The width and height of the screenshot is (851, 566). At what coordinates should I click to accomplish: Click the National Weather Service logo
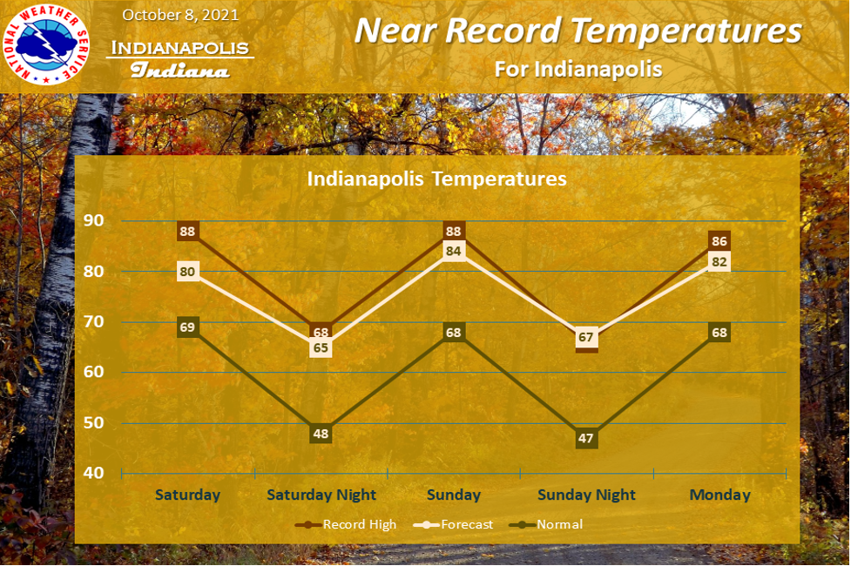[x=46, y=44]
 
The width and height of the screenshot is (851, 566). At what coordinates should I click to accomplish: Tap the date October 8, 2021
[x=180, y=15]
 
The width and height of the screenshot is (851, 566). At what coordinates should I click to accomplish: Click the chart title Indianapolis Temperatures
[x=437, y=179]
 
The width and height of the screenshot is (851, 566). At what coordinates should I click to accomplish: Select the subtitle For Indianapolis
[x=578, y=70]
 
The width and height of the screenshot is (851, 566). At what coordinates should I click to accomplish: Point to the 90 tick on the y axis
[x=93, y=220]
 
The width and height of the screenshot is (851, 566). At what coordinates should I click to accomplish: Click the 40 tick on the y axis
[x=93, y=473]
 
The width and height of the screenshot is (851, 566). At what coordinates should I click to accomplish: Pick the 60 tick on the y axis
[x=93, y=372]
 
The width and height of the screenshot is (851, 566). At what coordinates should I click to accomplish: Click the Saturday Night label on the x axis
[x=321, y=495]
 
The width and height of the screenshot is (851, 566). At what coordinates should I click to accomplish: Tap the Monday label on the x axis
[x=719, y=495]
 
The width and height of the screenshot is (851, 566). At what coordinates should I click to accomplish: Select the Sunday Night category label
[x=586, y=495]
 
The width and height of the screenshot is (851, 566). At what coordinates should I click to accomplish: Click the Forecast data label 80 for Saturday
[x=187, y=272]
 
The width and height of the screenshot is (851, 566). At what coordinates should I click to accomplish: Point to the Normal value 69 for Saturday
[x=187, y=327]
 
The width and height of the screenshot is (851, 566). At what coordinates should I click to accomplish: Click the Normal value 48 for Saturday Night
[x=321, y=434]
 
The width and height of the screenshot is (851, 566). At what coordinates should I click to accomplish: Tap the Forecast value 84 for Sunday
[x=453, y=252]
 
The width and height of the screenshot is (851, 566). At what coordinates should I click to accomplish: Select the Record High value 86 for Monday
[x=719, y=241]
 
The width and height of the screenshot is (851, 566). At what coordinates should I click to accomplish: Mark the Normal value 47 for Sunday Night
[x=586, y=439]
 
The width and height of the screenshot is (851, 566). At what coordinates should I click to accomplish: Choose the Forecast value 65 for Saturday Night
[x=321, y=347]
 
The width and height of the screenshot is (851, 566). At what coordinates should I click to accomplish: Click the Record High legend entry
[x=346, y=525]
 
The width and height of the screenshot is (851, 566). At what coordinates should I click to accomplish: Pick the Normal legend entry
[x=546, y=525]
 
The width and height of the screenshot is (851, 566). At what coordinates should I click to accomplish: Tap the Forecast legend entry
[x=453, y=525]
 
